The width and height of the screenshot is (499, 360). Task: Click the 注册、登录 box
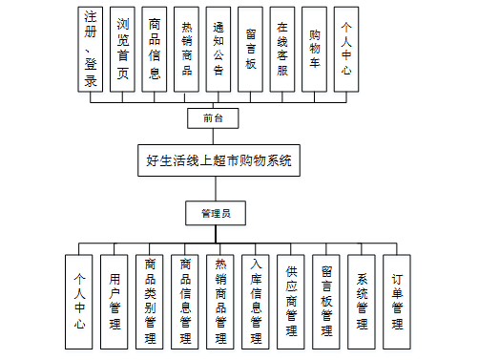[x=91, y=49]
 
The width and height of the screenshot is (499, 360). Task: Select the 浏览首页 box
[x=122, y=49]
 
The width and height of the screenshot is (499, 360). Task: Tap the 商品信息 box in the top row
[x=155, y=49]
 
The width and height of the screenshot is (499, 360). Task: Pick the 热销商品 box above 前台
[x=186, y=49]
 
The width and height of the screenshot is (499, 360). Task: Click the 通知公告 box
[x=218, y=49]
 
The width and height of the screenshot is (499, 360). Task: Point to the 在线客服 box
[x=283, y=49]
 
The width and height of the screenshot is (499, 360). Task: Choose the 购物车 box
[x=315, y=49]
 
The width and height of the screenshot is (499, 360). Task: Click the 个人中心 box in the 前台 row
[x=346, y=49]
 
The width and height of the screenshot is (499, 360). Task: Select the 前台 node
[x=214, y=118]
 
